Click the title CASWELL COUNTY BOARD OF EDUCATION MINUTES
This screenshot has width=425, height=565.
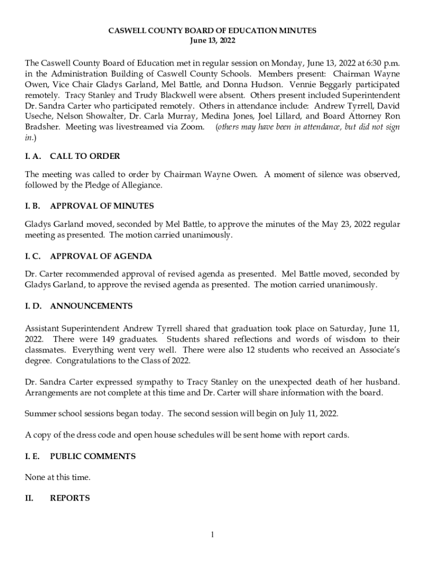(x=212, y=31)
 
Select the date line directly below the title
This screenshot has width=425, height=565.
(x=212, y=41)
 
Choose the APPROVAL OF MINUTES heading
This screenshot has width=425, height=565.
(x=102, y=206)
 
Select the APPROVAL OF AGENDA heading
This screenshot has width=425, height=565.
(x=100, y=256)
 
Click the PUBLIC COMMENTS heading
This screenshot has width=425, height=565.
(x=93, y=456)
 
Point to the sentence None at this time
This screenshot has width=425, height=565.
(x=57, y=477)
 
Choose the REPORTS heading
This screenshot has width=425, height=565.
(x=70, y=498)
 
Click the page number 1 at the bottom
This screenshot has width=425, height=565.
(x=212, y=534)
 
